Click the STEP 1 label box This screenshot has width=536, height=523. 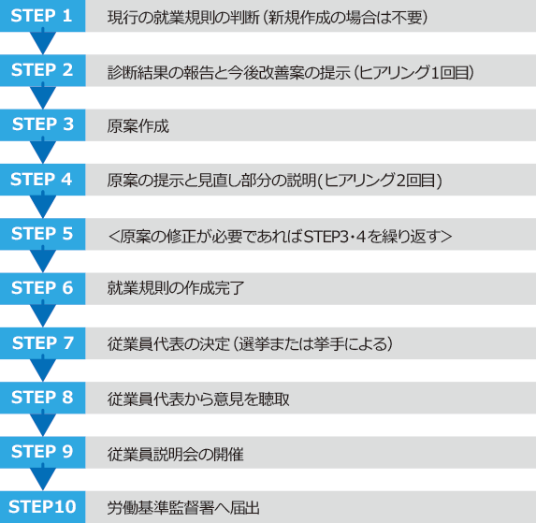coord(42,16)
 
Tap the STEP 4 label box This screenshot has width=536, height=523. coord(42,180)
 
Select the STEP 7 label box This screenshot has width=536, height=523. coord(42,343)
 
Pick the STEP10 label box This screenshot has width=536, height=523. coord(42,507)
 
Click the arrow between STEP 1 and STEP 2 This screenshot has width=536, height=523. coord(43,42)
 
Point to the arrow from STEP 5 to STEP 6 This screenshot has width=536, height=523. coord(43,260)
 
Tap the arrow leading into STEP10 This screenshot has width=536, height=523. coord(43,478)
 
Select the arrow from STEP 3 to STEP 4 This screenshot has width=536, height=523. coord(43,151)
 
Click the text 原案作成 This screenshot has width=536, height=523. coord(138,126)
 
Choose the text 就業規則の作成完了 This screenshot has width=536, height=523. coord(176,288)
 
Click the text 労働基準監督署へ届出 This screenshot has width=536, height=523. coord(183,508)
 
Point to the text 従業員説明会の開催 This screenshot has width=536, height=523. coord(176,455)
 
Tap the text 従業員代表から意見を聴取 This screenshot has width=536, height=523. coord(198,399)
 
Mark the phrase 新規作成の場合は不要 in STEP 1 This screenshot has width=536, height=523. coord(345,18)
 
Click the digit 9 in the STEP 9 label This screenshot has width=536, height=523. coord(67,452)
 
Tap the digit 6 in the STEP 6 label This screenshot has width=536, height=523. coord(67,288)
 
